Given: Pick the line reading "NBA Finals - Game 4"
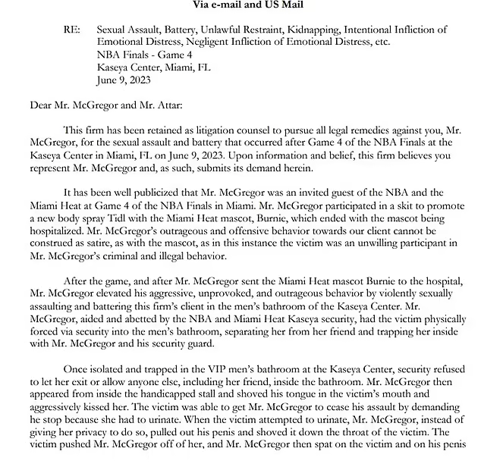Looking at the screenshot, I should (146, 55).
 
